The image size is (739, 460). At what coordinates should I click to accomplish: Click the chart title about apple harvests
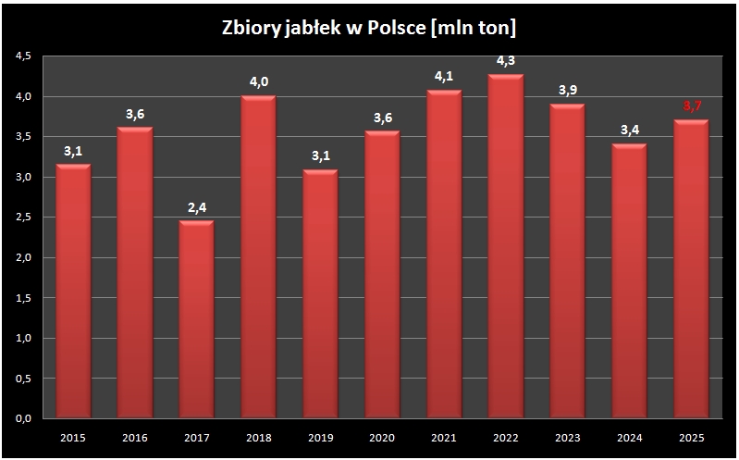pyautogui.click(x=369, y=27)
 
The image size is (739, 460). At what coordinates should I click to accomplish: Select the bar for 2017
pyautogui.click(x=197, y=319)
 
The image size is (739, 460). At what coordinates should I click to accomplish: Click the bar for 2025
pyautogui.click(x=691, y=269)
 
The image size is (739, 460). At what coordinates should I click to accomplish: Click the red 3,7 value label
pyautogui.click(x=691, y=107)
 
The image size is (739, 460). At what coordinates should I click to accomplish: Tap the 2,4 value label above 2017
pyautogui.click(x=197, y=208)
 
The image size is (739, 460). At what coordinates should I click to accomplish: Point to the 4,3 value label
pyautogui.click(x=506, y=62)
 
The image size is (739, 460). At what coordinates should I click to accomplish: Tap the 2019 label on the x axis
pyautogui.click(x=320, y=437)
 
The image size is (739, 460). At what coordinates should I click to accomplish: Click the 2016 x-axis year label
pyautogui.click(x=135, y=437)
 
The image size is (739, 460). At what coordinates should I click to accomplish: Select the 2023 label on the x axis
pyautogui.click(x=567, y=437)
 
